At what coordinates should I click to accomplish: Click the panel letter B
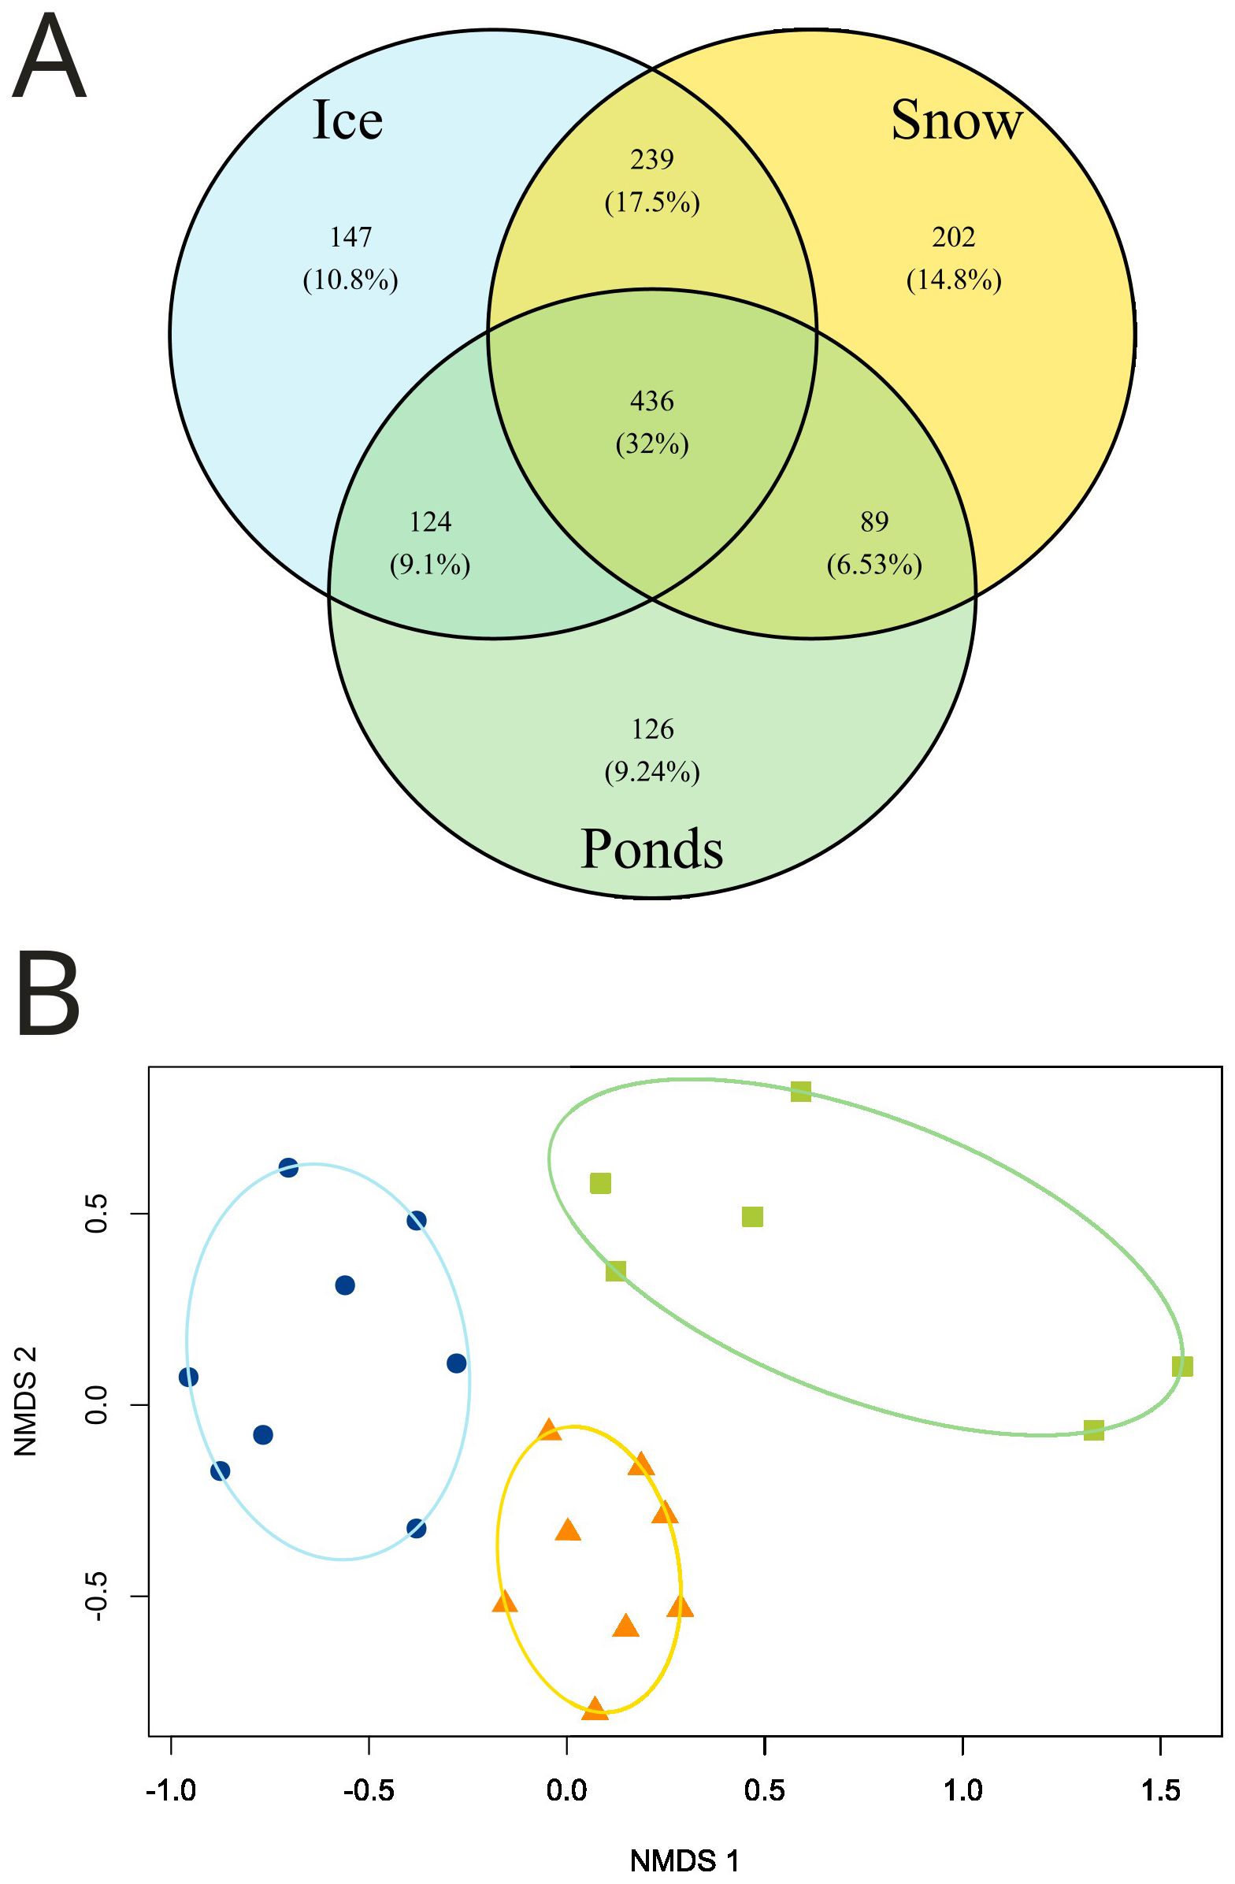tap(47, 995)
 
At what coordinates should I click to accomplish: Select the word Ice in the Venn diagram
tap(347, 121)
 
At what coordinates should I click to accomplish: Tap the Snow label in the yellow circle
tap(956, 121)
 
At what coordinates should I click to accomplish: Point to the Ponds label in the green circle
tap(651, 849)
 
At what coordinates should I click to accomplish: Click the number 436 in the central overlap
tap(652, 402)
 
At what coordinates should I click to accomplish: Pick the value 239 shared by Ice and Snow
tap(652, 160)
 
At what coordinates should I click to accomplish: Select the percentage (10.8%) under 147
tap(350, 280)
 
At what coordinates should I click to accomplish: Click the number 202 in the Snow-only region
tap(953, 237)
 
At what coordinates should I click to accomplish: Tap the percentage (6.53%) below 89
tap(874, 566)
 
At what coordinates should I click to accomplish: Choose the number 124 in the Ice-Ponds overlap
tap(430, 521)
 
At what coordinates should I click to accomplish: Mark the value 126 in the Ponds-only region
tap(652, 729)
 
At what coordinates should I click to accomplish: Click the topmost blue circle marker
tap(288, 1167)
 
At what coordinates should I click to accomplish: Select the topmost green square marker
tap(800, 1092)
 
